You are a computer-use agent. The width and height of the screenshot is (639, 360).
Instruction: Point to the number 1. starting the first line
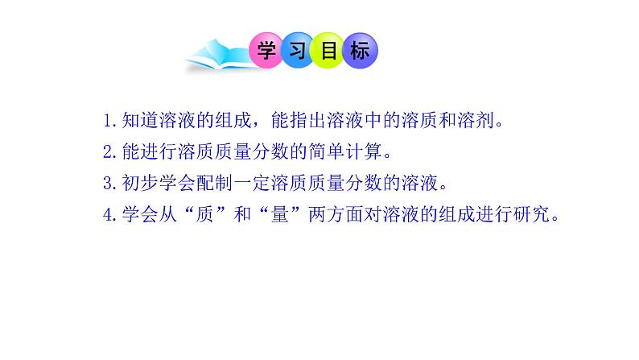tap(111, 122)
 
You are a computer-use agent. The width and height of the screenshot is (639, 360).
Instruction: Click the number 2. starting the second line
tap(111, 152)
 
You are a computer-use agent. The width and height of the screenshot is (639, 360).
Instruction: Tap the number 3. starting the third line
tap(111, 184)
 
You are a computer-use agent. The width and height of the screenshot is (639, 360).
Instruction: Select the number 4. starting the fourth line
tap(111, 215)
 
